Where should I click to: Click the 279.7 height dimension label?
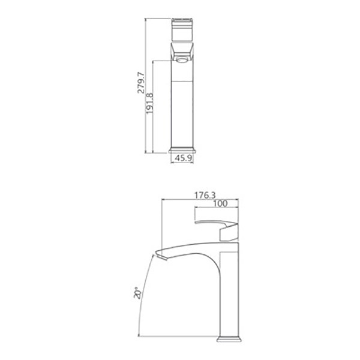click(141, 83)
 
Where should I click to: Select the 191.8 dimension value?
click(149, 103)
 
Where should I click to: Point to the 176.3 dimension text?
click(205, 196)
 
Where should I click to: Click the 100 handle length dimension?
click(220, 203)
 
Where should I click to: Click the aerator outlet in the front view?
click(182, 60)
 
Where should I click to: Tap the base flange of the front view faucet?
click(182, 150)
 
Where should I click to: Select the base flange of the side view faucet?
click(229, 340)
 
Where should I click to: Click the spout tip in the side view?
click(161, 256)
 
